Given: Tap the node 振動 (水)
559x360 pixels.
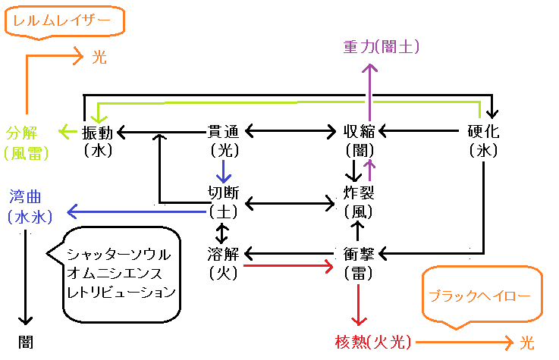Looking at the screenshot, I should (99, 140).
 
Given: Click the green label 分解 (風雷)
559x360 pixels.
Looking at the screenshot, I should (26, 142).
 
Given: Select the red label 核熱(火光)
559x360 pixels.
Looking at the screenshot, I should (372, 343).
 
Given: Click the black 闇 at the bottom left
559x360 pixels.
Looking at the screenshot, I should (27, 342).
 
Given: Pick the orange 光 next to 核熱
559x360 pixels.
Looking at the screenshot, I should (526, 343).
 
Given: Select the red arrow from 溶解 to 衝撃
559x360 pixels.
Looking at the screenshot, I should (289, 266).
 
